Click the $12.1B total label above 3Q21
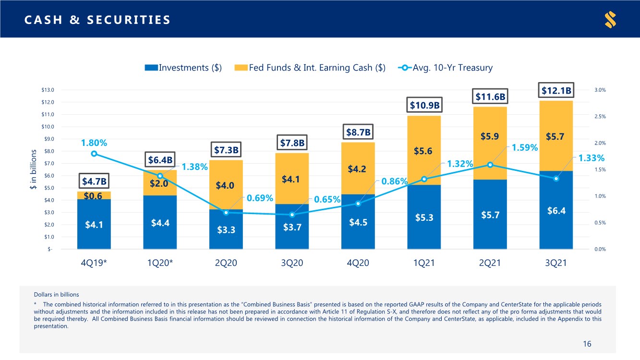coord(556,90)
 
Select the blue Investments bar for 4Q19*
coord(94,224)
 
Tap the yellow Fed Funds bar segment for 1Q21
coord(424,150)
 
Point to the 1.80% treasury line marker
coord(94,154)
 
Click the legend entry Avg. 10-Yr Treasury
coord(445,68)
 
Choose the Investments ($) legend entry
coord(183,68)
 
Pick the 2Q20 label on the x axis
coord(226,264)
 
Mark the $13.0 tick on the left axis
coord(48,90)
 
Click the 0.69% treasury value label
coord(260,198)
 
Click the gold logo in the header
coord(610,20)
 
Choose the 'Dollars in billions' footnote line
coord(57,294)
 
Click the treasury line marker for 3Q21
coord(556,179)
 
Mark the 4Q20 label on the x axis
coord(358,264)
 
